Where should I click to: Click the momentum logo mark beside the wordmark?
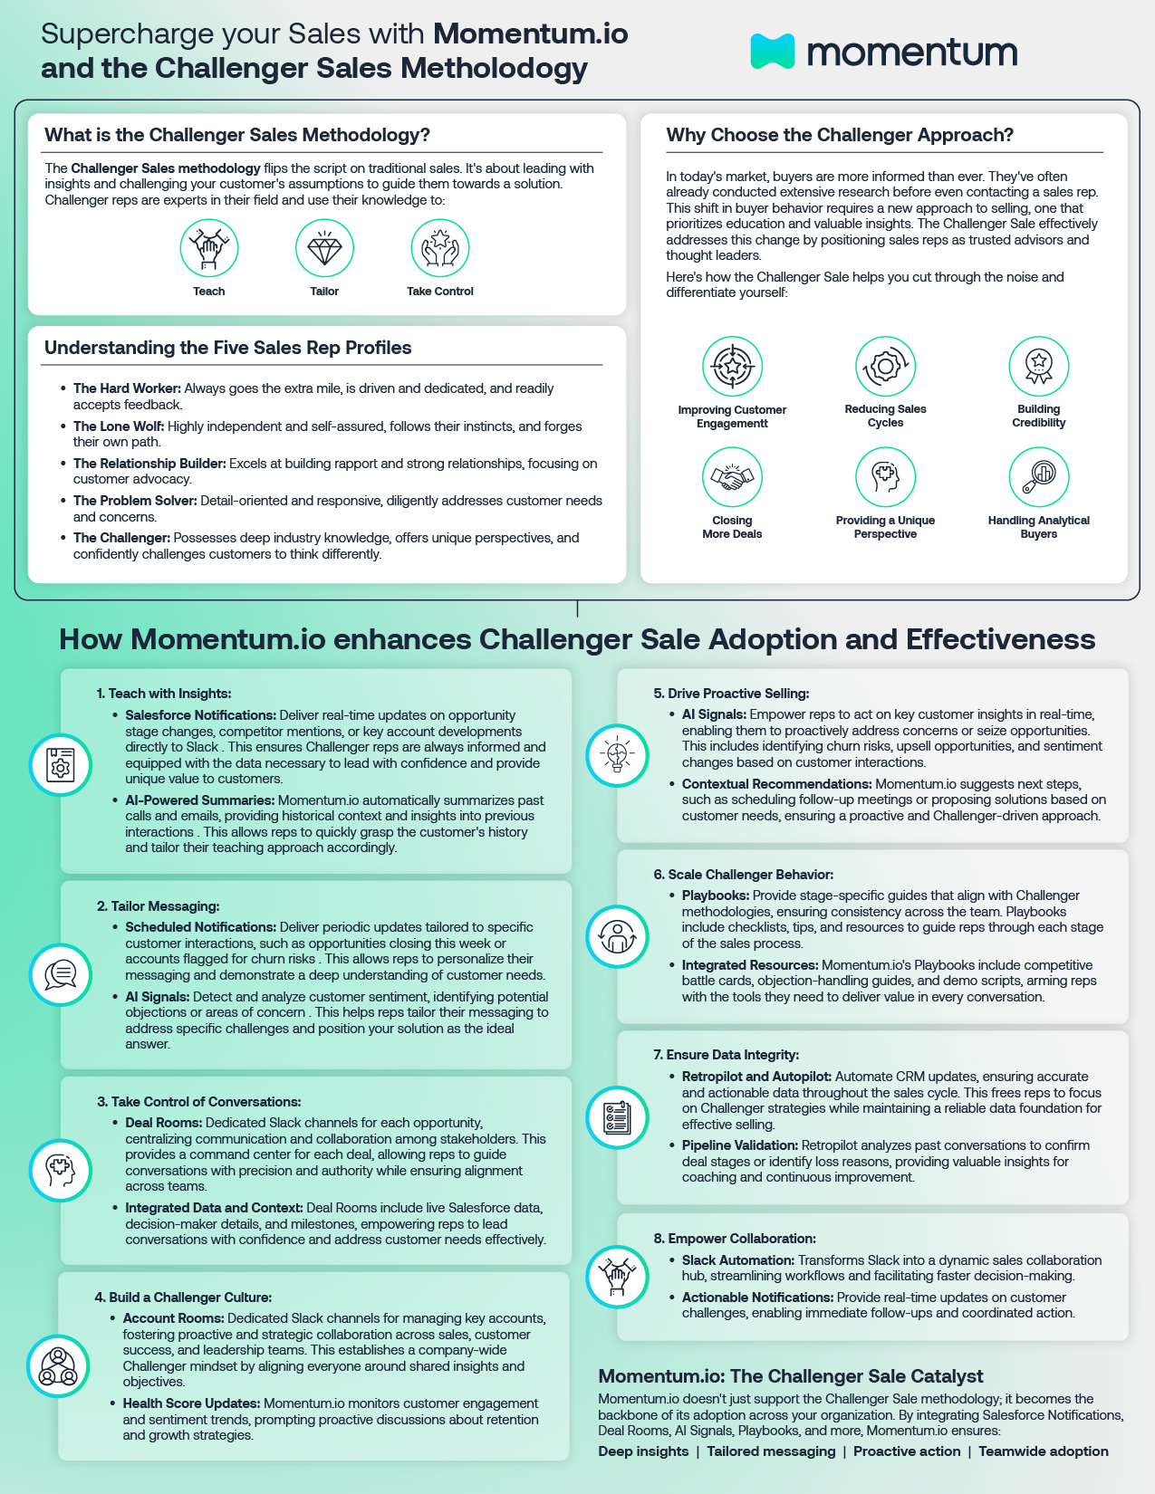click(x=772, y=52)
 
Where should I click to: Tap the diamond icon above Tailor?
click(x=324, y=248)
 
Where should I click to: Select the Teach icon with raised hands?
click(x=209, y=248)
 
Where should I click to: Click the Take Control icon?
click(x=440, y=248)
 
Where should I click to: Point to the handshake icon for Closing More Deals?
click(x=732, y=477)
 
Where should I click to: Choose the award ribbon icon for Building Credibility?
click(x=1039, y=366)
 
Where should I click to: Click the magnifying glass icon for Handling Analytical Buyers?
click(x=1039, y=477)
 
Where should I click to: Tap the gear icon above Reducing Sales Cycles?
click(x=885, y=366)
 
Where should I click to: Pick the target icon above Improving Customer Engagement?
click(x=732, y=366)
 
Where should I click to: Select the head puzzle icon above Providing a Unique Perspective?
click(x=885, y=477)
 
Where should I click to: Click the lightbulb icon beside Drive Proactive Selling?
click(x=617, y=755)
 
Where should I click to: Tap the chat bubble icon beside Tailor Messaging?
click(x=61, y=974)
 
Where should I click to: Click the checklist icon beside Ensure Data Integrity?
click(x=617, y=1117)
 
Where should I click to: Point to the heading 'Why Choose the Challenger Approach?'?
click(x=840, y=135)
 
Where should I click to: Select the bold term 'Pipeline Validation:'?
click(x=739, y=1145)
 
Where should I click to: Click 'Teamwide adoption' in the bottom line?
click(x=1044, y=1451)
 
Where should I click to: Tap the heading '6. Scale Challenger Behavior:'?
click(x=743, y=875)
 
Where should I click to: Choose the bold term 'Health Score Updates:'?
click(x=191, y=1403)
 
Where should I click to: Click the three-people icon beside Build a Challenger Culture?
click(x=58, y=1366)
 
